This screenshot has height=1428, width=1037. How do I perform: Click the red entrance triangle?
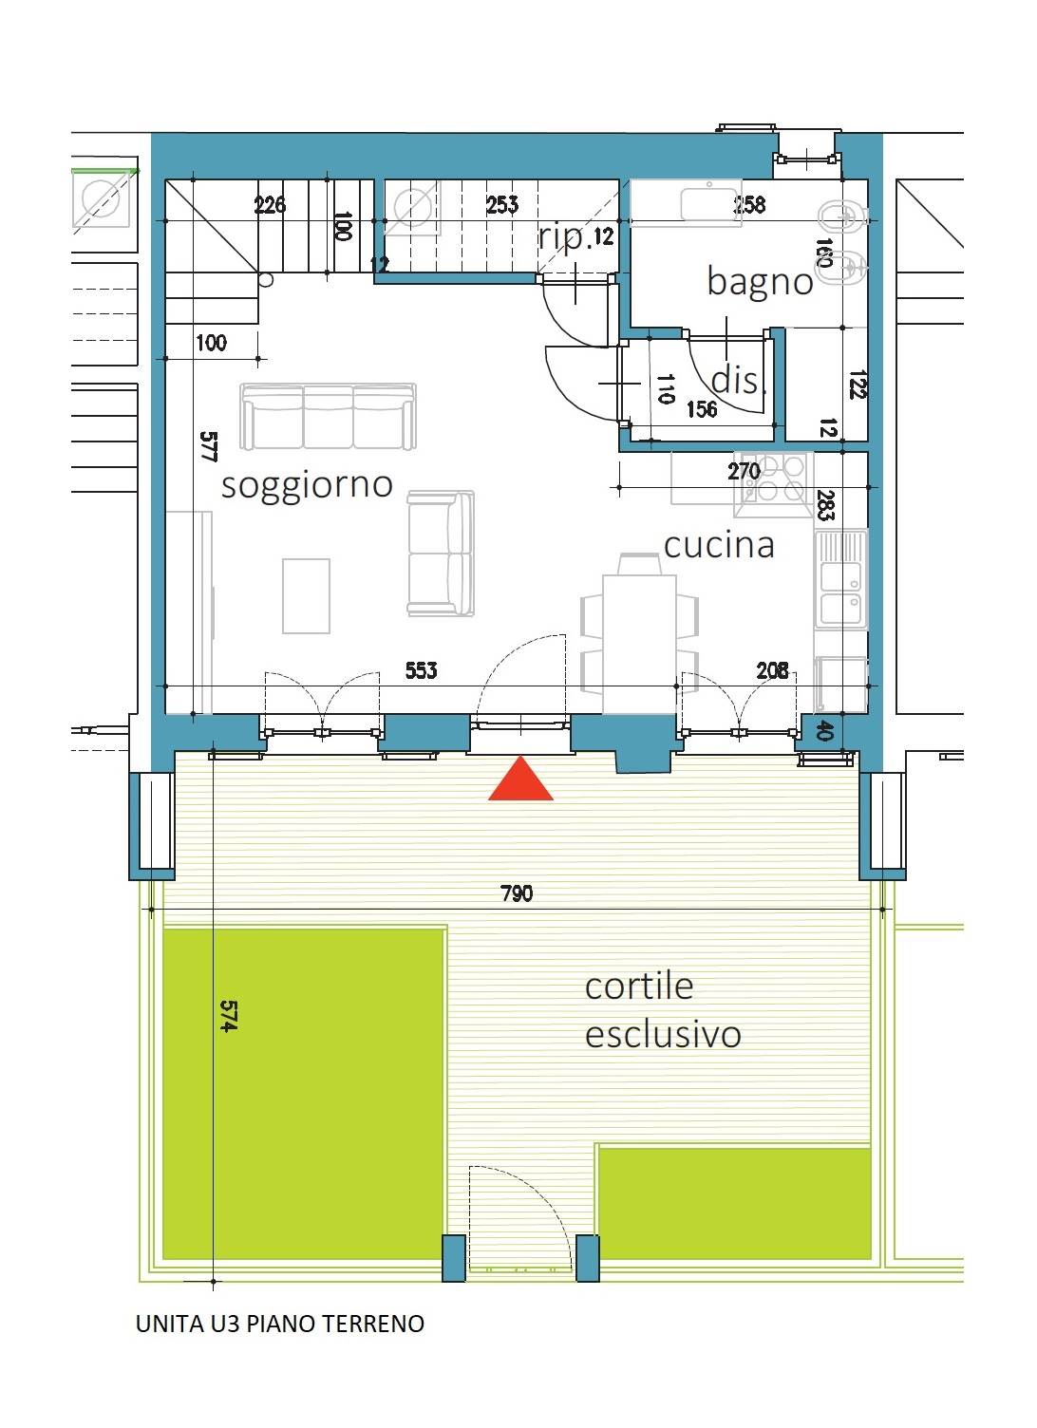520,780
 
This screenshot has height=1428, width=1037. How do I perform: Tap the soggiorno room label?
307,486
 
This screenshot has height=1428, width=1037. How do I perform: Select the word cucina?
719,546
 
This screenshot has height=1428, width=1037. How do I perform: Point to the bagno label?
761,282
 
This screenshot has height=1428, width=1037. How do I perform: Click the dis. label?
738,380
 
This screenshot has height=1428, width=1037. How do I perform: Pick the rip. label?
562,237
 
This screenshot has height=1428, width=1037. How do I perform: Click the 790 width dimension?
517,893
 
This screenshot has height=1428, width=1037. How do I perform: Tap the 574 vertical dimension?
228,1016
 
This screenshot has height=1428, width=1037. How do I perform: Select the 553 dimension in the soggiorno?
422,670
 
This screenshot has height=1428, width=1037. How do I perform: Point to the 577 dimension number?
209,446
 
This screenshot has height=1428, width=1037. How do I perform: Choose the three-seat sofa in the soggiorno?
329,416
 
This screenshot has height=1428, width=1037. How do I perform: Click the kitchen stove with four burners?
774,484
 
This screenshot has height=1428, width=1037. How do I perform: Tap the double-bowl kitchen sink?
840,579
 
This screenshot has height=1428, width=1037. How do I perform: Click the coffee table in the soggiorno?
306,596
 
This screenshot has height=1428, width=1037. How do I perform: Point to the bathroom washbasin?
708,203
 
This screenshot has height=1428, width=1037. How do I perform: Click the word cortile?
639,986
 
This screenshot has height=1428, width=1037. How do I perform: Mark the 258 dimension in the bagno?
749,205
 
